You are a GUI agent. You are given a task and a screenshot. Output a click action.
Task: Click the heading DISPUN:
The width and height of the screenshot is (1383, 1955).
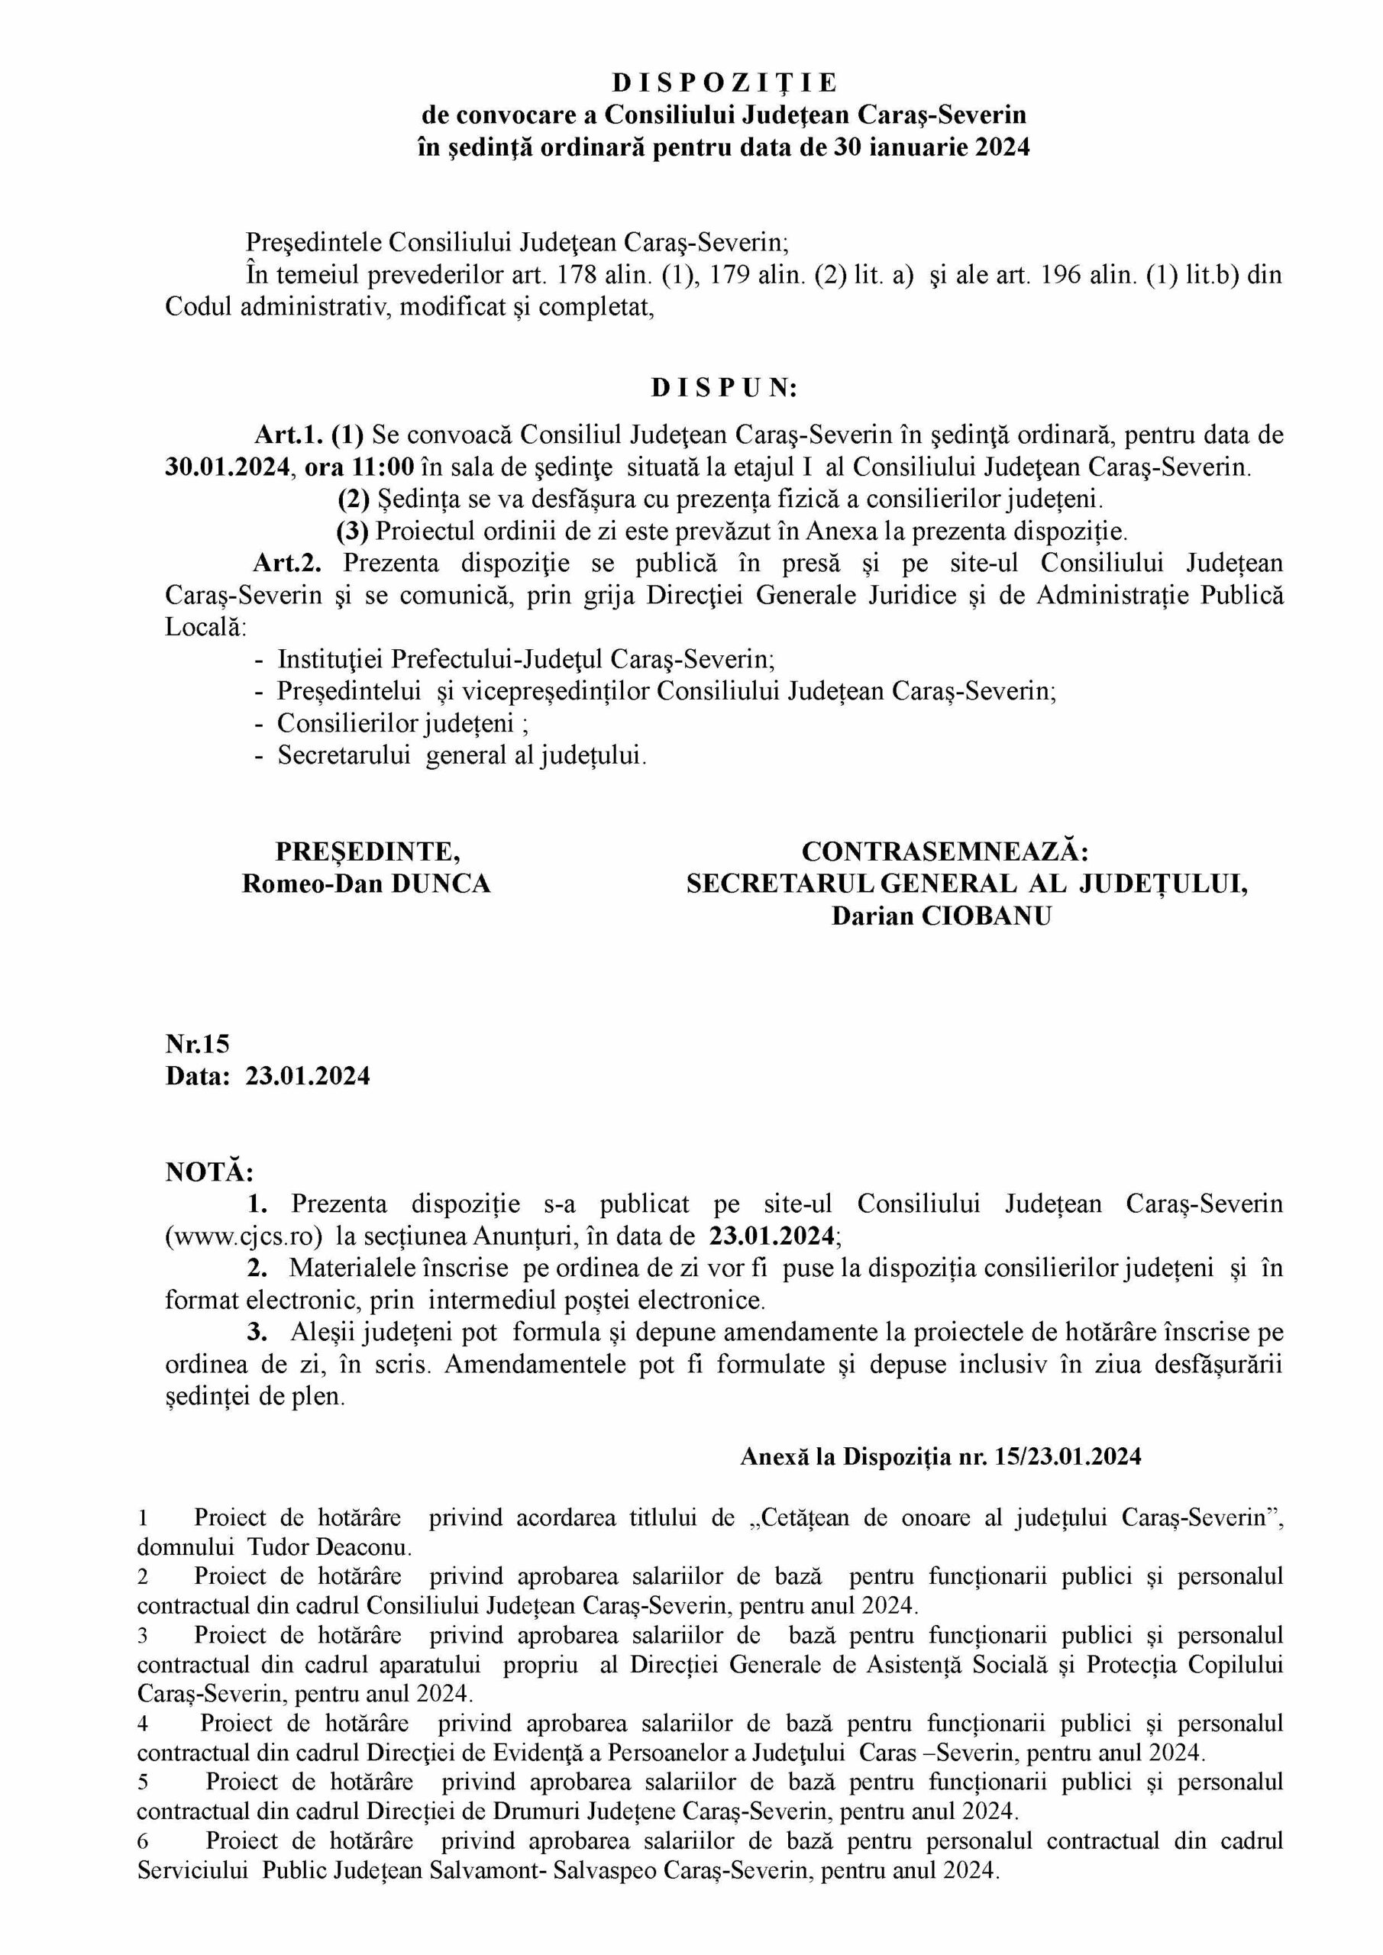click(724, 388)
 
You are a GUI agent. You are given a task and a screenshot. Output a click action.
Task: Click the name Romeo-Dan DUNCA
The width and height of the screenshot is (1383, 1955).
click(367, 884)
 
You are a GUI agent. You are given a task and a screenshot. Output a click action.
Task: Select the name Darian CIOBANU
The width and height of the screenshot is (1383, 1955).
click(941, 916)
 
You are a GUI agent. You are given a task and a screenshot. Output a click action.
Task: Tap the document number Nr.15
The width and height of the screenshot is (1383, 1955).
click(198, 1044)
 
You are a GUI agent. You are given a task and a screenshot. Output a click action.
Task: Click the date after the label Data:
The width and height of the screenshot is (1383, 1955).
click(309, 1076)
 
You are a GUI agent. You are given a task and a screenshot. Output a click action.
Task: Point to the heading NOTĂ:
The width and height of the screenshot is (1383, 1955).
click(208, 1172)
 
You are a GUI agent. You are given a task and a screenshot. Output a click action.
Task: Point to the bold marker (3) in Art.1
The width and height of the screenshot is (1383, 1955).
click(353, 532)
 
